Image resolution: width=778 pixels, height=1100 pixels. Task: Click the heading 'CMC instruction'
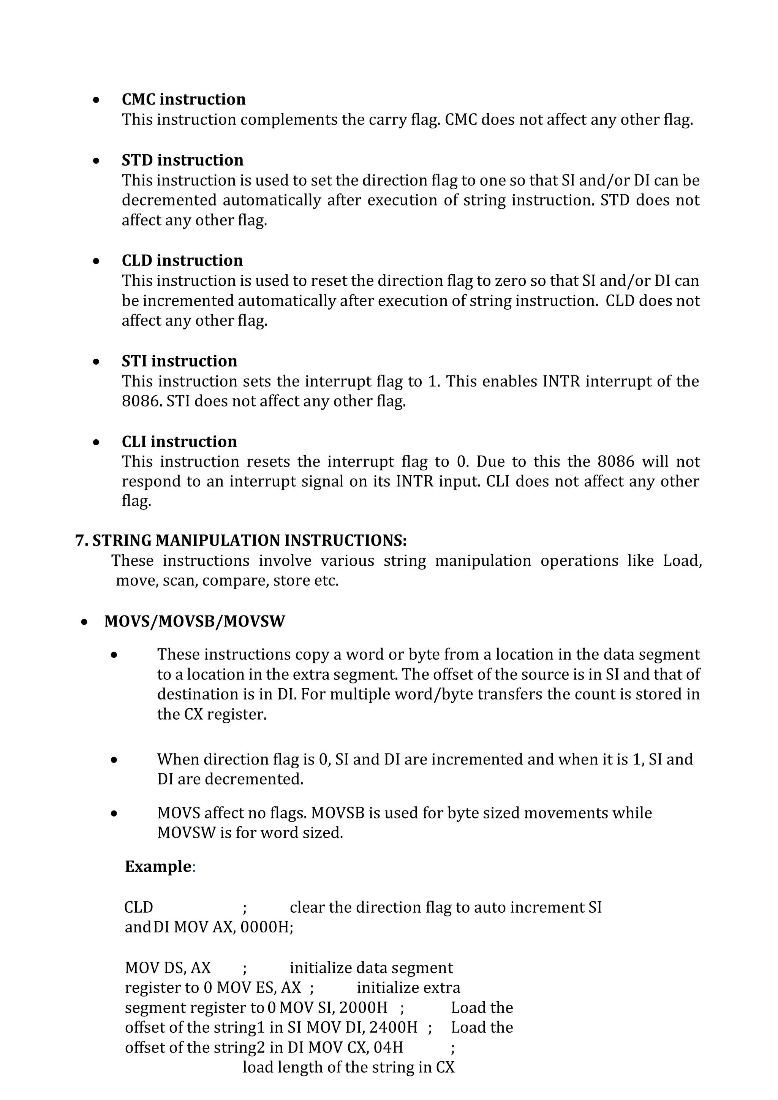183,99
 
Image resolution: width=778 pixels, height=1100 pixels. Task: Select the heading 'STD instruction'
182,160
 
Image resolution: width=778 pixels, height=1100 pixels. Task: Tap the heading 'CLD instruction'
182,261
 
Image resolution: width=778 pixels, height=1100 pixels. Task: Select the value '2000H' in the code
363,1008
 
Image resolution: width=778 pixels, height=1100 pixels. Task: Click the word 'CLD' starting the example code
138,908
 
